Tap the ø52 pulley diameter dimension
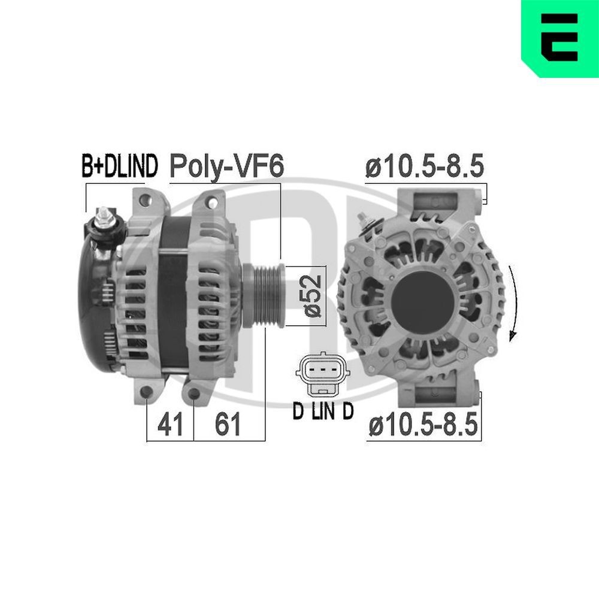click(312, 295)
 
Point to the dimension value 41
click(170, 425)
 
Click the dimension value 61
click(228, 425)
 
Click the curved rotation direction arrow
click(513, 302)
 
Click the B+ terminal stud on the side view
click(105, 219)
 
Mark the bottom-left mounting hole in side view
click(147, 393)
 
